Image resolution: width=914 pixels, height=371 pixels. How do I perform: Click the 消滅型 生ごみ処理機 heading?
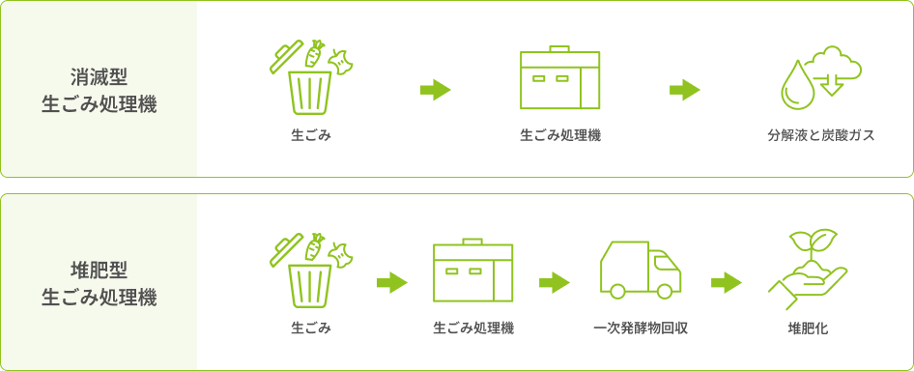tap(100, 91)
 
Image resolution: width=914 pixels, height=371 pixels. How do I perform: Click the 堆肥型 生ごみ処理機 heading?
tap(100, 285)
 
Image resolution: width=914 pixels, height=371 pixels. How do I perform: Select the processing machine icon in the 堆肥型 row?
tap(472, 271)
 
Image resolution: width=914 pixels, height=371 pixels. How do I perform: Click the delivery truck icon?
tap(641, 270)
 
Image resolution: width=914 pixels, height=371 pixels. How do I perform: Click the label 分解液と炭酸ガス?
tap(820, 136)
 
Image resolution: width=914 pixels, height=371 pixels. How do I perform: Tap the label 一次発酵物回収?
tap(641, 328)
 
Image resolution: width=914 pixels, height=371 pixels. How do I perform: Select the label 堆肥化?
tap(808, 328)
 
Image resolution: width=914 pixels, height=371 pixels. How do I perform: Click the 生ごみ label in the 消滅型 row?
tap(311, 136)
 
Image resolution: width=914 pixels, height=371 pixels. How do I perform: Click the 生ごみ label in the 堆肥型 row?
tap(311, 328)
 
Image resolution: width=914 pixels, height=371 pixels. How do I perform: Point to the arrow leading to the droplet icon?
tap(684, 91)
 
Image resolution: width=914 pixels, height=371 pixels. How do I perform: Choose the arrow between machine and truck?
tap(555, 283)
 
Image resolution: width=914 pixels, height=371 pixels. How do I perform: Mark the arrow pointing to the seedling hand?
tap(727, 283)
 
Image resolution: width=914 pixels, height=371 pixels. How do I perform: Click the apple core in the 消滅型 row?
tap(341, 61)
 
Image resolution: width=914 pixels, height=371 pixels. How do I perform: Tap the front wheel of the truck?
tap(664, 291)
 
